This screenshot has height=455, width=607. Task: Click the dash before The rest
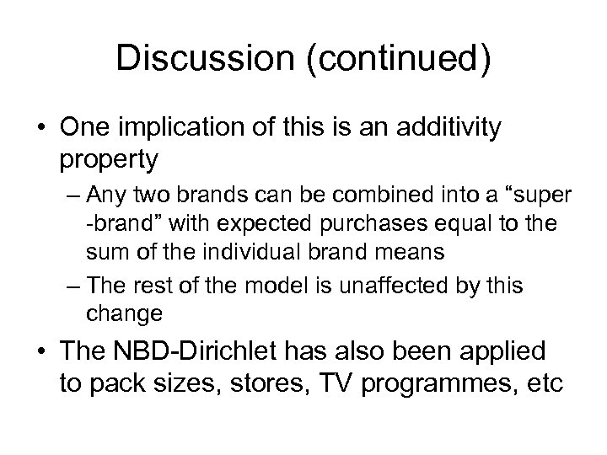tap(73, 285)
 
